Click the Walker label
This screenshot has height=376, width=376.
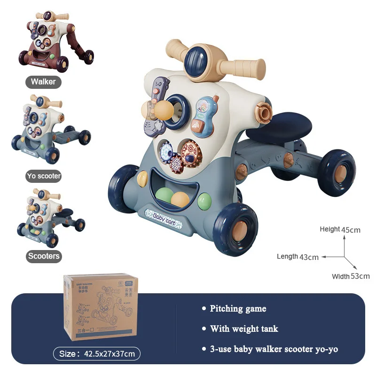click(x=43, y=82)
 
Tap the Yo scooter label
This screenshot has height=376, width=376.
click(x=44, y=176)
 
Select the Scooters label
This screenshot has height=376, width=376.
click(x=44, y=256)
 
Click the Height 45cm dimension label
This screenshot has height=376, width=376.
click(x=340, y=230)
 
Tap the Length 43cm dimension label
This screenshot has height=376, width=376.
click(x=298, y=257)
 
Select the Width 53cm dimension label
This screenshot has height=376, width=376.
click(x=351, y=276)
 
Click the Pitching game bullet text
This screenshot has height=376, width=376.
click(x=238, y=309)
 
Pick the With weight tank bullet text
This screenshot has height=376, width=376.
click(x=244, y=329)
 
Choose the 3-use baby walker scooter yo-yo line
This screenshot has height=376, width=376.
click(x=274, y=349)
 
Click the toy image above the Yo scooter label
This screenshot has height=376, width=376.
click(x=50, y=128)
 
